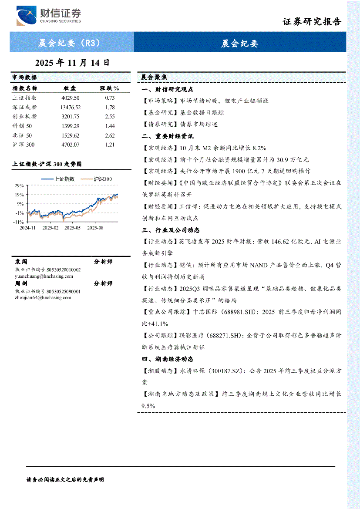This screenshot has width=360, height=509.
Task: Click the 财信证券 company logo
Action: (48, 16)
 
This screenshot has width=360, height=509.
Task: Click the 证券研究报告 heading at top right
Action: (312, 22)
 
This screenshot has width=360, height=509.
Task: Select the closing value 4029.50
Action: (71, 98)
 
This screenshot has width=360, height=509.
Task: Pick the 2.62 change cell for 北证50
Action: (110, 135)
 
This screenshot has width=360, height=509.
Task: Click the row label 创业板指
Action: (25, 117)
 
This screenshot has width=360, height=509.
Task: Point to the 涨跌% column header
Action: (110, 88)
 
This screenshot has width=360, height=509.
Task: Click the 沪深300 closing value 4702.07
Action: (71, 145)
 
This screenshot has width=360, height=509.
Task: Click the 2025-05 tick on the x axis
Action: (73, 227)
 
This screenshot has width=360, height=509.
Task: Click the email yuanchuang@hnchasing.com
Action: (44, 276)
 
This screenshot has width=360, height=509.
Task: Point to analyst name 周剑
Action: (21, 283)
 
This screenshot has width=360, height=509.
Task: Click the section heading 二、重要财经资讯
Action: (167, 136)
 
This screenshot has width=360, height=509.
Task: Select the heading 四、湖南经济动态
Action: (167, 359)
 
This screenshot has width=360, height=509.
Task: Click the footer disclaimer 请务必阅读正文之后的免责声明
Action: (65, 479)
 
